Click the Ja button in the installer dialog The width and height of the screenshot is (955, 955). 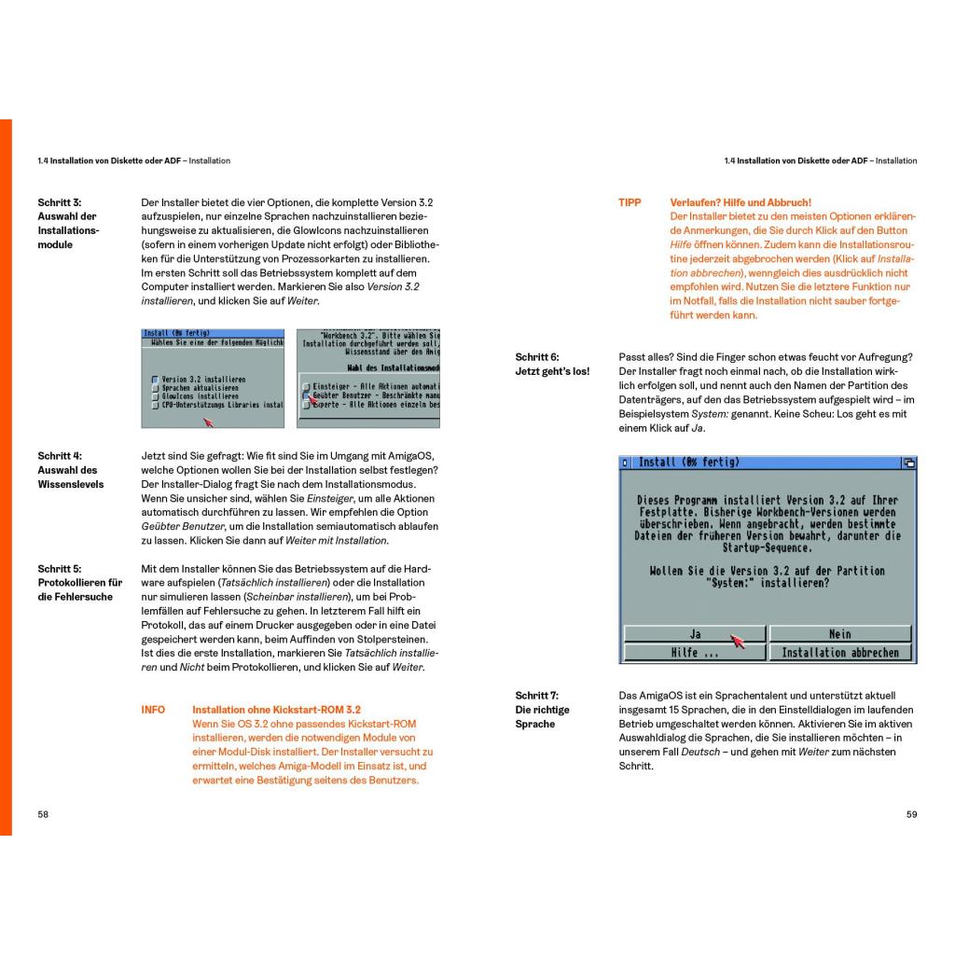[x=695, y=634]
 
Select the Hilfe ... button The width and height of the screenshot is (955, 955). [x=695, y=653]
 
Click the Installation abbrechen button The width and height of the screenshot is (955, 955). [x=840, y=653]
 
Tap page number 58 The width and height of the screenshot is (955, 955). [x=43, y=814]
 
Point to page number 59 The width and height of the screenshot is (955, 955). [x=911, y=814]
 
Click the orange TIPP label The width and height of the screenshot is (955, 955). [x=630, y=202]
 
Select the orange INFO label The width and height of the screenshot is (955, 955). [x=153, y=710]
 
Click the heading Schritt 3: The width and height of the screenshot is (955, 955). [x=59, y=202]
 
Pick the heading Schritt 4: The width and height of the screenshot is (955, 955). [x=59, y=456]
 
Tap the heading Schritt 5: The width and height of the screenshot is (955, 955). [x=59, y=568]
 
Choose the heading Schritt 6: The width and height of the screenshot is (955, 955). [x=537, y=357]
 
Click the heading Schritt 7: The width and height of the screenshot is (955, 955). [x=537, y=695]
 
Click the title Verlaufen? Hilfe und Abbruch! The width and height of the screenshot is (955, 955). [x=740, y=202]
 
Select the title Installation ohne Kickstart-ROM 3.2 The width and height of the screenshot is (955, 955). [x=276, y=710]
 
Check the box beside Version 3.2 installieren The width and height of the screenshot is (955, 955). [x=155, y=380]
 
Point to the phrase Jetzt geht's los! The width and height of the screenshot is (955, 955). [x=552, y=372]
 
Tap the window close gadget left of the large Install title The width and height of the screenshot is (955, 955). [x=625, y=463]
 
